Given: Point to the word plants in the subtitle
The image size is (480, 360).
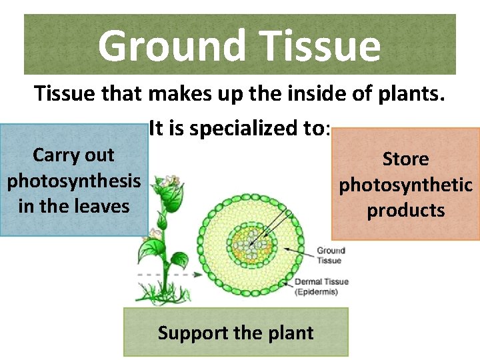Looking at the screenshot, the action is pos(407,95).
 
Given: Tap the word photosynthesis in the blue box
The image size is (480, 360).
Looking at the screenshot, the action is pos(74,181).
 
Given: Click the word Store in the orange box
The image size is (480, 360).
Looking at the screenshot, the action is pos(405,159).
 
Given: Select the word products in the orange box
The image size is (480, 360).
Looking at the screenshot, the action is pos(405,210).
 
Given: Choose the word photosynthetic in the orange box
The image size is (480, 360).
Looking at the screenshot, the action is pos(405,185).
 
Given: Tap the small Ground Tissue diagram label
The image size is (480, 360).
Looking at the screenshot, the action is pos(330,255).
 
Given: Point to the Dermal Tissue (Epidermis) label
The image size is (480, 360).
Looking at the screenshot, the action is pos(321,287).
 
